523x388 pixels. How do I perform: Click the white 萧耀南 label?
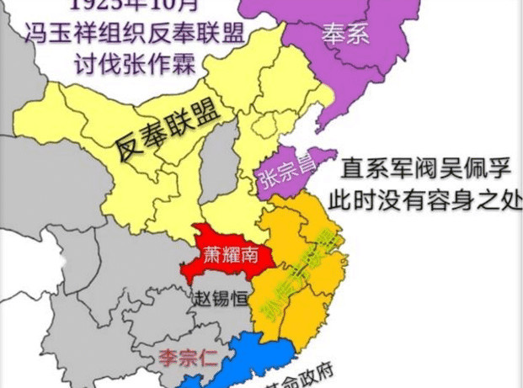[229, 252]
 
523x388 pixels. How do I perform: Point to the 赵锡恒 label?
[221, 299]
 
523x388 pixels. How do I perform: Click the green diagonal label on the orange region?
[308, 268]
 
